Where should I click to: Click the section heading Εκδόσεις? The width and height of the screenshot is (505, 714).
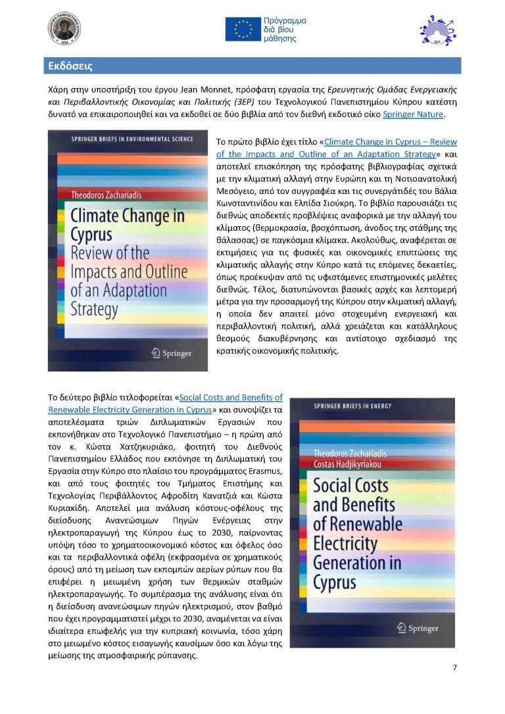click(x=70, y=66)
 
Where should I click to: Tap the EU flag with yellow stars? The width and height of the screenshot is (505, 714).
click(x=243, y=29)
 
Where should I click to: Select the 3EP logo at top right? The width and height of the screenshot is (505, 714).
click(x=436, y=29)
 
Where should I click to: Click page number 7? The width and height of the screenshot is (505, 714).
click(x=454, y=668)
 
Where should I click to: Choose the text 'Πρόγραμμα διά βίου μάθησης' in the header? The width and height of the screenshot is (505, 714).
click(x=284, y=30)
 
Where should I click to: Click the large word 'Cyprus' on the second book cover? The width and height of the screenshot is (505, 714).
click(x=335, y=583)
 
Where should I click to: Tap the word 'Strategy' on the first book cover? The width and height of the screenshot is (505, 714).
click(x=94, y=308)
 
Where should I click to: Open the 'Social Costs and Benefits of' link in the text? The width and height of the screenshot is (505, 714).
click(x=231, y=397)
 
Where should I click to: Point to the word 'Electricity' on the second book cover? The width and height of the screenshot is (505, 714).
click(x=345, y=544)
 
